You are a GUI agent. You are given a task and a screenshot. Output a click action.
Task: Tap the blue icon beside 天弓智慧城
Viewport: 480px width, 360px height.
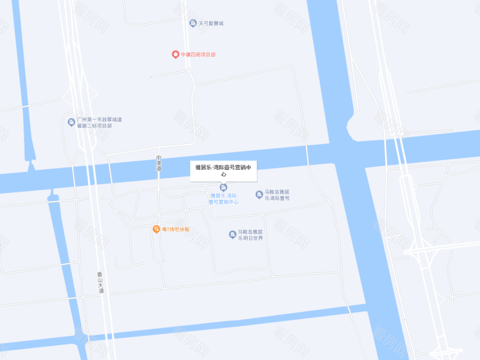click(x=193, y=23)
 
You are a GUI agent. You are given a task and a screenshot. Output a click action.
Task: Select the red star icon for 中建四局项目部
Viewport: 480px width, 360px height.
click(x=175, y=55)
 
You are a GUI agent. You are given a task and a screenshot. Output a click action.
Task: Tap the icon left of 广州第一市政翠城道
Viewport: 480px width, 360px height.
click(x=71, y=122)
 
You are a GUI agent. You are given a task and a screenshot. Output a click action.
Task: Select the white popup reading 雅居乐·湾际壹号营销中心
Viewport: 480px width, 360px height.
click(x=224, y=170)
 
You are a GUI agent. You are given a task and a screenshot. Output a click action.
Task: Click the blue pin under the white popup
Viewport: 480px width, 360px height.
click(x=224, y=187)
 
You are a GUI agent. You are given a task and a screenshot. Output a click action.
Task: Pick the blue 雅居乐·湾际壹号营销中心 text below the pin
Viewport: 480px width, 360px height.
click(x=224, y=199)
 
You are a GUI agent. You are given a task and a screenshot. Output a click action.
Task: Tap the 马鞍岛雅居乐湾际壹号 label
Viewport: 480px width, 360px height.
click(x=277, y=195)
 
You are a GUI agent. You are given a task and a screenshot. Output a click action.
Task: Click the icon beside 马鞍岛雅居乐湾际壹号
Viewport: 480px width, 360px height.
click(x=259, y=194)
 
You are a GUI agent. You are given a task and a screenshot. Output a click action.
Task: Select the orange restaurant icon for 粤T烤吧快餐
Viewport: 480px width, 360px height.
click(x=155, y=229)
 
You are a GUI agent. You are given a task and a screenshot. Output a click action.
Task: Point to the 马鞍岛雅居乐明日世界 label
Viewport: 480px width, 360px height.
click(x=250, y=235)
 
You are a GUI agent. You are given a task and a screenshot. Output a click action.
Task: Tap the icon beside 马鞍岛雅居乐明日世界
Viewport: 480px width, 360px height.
click(x=232, y=234)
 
